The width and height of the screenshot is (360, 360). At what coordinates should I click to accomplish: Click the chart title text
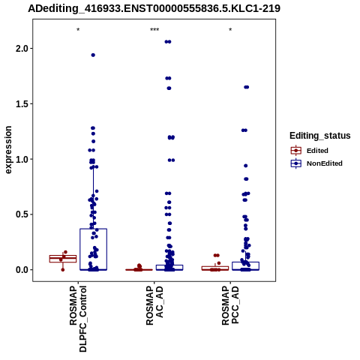(154, 8)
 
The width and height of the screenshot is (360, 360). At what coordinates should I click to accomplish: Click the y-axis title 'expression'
(8, 150)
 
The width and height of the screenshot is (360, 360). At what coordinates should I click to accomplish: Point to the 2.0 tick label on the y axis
(22, 49)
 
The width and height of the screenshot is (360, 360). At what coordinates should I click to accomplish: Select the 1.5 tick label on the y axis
(22, 104)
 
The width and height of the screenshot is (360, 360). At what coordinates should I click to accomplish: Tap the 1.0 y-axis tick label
(22, 159)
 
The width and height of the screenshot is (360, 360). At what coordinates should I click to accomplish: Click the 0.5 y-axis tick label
(22, 214)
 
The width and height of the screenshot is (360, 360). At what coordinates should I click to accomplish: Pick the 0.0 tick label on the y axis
(22, 270)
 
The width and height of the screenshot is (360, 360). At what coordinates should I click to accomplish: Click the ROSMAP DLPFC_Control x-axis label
(78, 319)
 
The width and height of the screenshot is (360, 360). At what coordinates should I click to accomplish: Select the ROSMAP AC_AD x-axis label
(154, 305)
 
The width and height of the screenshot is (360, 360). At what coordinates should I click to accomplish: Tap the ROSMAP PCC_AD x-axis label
(230, 305)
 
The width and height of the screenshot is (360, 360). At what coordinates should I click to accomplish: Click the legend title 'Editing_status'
(320, 136)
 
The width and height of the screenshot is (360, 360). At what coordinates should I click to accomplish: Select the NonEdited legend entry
(316, 163)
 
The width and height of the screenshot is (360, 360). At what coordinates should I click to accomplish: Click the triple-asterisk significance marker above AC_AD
(154, 30)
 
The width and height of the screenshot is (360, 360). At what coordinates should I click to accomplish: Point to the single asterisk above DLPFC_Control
(78, 30)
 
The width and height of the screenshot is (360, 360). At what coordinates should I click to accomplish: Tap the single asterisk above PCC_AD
(230, 30)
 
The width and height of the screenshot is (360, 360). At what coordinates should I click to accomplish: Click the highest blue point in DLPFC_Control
(93, 55)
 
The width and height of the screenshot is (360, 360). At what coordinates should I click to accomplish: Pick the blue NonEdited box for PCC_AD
(245, 262)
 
